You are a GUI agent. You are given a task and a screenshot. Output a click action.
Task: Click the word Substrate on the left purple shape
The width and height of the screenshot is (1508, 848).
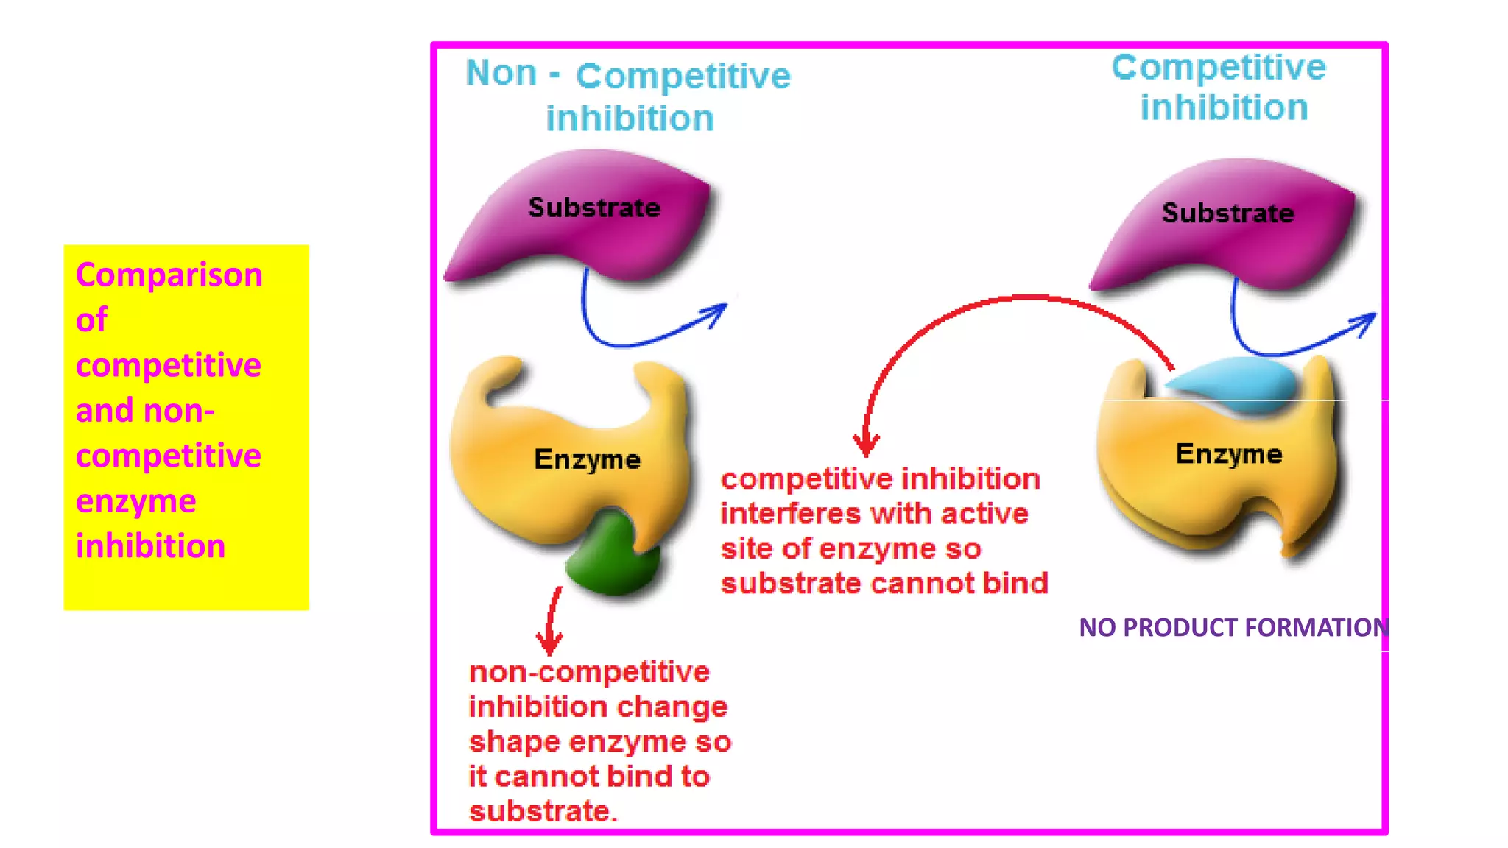pos(593,208)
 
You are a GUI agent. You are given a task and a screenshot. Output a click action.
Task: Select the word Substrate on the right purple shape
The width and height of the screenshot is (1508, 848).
pos(1227,213)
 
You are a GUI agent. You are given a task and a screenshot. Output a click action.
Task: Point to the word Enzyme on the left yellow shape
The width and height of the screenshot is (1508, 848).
pos(587,459)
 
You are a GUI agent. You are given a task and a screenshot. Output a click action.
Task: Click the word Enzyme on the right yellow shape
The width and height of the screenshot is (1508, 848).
pos(1228,453)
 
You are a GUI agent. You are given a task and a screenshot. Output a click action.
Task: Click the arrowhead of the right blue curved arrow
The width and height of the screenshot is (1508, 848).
pos(1366,322)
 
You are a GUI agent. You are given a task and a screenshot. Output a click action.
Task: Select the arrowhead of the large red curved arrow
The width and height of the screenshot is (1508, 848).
pos(866,444)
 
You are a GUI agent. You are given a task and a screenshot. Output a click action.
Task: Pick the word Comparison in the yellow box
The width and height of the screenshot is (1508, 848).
pos(169,275)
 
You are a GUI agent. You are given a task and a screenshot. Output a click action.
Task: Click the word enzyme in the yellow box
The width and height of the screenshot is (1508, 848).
pos(135,501)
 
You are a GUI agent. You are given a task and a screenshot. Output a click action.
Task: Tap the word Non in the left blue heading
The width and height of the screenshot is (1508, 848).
pos(501,73)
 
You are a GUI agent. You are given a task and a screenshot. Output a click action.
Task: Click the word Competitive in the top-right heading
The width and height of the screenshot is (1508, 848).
pos(1219,68)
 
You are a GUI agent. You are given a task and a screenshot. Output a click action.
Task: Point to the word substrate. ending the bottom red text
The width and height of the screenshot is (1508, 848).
pos(543,810)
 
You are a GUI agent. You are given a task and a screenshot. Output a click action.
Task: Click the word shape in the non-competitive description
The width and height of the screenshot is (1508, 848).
pos(514,742)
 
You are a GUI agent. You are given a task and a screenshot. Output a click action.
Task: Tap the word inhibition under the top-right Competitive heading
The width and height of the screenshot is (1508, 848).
pos(1224,107)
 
